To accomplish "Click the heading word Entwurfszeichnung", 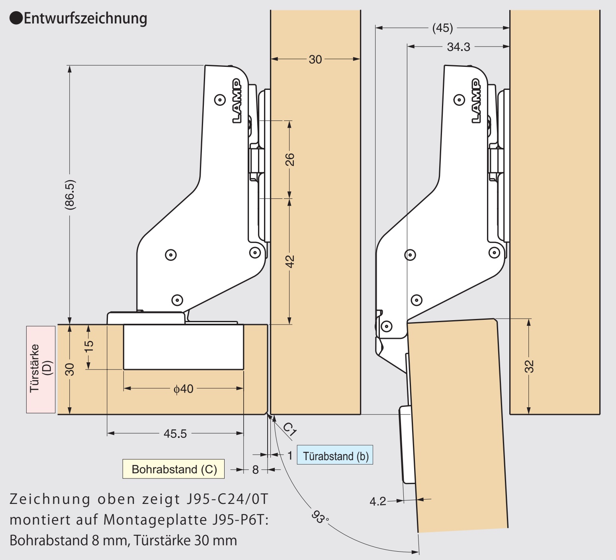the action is tap(85, 18).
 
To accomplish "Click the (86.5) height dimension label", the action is tap(70, 194).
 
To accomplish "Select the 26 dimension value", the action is tap(289, 159).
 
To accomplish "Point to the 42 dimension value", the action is tap(289, 261).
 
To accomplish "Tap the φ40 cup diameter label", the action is tap(183, 389).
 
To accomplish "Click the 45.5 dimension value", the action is tap(175, 434).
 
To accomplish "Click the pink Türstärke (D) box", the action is tap(41, 369).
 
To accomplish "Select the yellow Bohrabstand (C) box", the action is tap(174, 469).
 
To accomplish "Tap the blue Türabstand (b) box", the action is tap(335, 455).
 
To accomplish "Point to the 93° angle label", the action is tap(319, 517).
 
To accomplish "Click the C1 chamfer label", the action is tap(289, 429).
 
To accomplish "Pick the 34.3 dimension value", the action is tap(458, 47).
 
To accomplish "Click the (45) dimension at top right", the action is tap(442, 28).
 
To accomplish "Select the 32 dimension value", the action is tap(529, 366).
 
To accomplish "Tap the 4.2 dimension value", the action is tap(377, 501).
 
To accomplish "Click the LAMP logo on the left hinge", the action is tap(237, 101).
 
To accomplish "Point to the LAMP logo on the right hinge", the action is tap(476, 101).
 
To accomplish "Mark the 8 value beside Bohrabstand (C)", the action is tap(255, 470).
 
